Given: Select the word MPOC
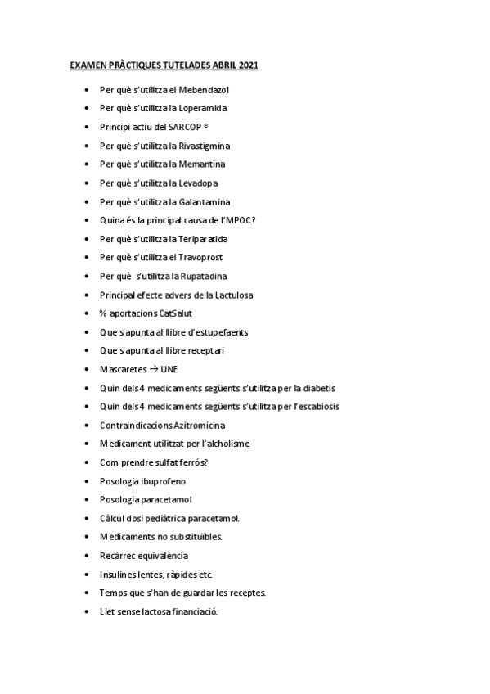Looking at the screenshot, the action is [241, 220].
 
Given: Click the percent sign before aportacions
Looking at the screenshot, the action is [103, 313].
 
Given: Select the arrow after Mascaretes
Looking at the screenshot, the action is [155, 370].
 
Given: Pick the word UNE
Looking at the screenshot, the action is [169, 370].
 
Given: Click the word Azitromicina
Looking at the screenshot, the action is [200, 426].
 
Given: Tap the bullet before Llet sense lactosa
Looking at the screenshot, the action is [87, 612].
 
